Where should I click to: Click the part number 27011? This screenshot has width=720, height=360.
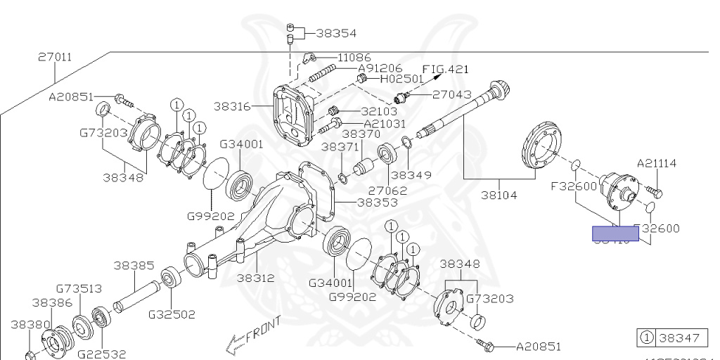55,58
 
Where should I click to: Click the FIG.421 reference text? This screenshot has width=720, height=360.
444,69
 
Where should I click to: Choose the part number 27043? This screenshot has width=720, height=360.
451,94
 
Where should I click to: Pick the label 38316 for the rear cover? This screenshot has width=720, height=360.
232,106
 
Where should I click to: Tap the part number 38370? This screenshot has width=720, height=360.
361,134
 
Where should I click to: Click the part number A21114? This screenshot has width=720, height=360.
657,164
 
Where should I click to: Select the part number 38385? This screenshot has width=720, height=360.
134,266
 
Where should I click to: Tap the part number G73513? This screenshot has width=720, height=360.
79,289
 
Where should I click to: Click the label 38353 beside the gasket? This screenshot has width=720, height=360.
377,202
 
